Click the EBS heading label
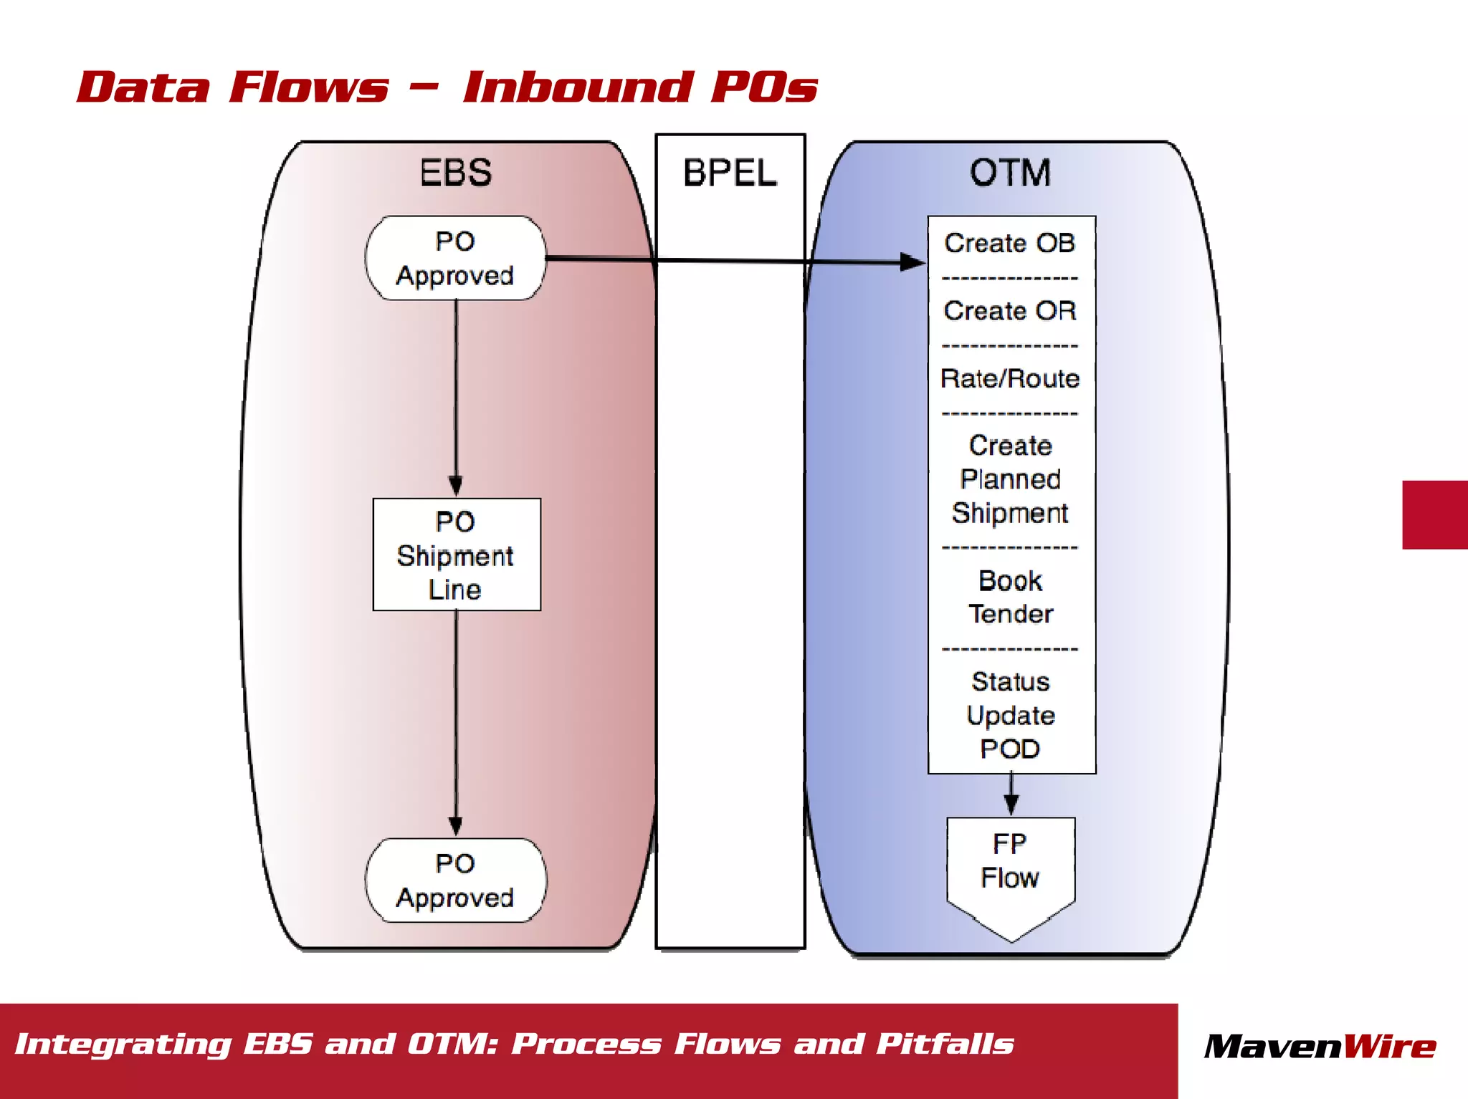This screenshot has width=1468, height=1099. pyautogui.click(x=456, y=173)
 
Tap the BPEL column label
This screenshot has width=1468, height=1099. pyautogui.click(x=730, y=173)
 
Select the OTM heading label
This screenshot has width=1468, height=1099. pyautogui.click(x=1010, y=173)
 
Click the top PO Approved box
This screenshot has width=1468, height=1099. pyautogui.click(x=456, y=259)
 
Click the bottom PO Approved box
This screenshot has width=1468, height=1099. pyautogui.click(x=456, y=880)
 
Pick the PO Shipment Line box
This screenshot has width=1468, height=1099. pyautogui.click(x=456, y=555)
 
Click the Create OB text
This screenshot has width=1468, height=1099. pyautogui.click(x=1010, y=244)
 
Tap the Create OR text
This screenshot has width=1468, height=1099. pyautogui.click(x=1010, y=311)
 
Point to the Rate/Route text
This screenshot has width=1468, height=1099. pyautogui.click(x=1010, y=378)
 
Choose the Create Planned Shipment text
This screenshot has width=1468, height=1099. pyautogui.click(x=1010, y=479)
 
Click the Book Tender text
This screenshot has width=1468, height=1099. pyautogui.click(x=1010, y=597)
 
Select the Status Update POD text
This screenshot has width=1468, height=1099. pyautogui.click(x=1010, y=715)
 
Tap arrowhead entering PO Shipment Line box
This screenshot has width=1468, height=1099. pyautogui.click(x=456, y=486)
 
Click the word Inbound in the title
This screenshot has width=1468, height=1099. pyautogui.click(x=578, y=87)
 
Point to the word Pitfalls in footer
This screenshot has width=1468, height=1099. pyautogui.click(x=945, y=1045)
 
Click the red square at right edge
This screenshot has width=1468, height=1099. pyautogui.click(x=1435, y=515)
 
